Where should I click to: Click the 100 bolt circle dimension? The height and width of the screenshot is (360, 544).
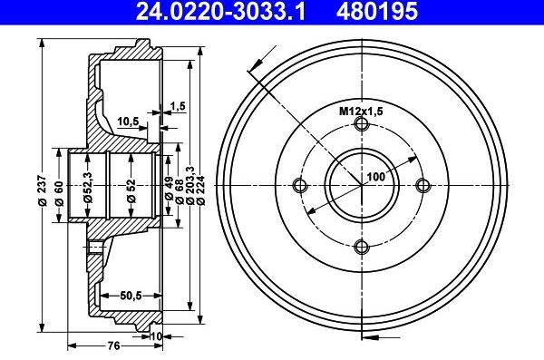[374, 178]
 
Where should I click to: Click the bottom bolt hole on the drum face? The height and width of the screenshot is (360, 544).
[361, 247]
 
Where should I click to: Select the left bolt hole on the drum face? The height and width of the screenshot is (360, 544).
[300, 186]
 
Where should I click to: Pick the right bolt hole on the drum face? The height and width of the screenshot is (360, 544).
[422, 186]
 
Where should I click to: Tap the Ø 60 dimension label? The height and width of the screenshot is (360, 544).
[59, 192]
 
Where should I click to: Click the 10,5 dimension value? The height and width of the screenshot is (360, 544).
[128, 120]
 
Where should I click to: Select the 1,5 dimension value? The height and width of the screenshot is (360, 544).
[178, 107]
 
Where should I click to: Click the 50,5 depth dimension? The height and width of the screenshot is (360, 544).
[133, 295]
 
